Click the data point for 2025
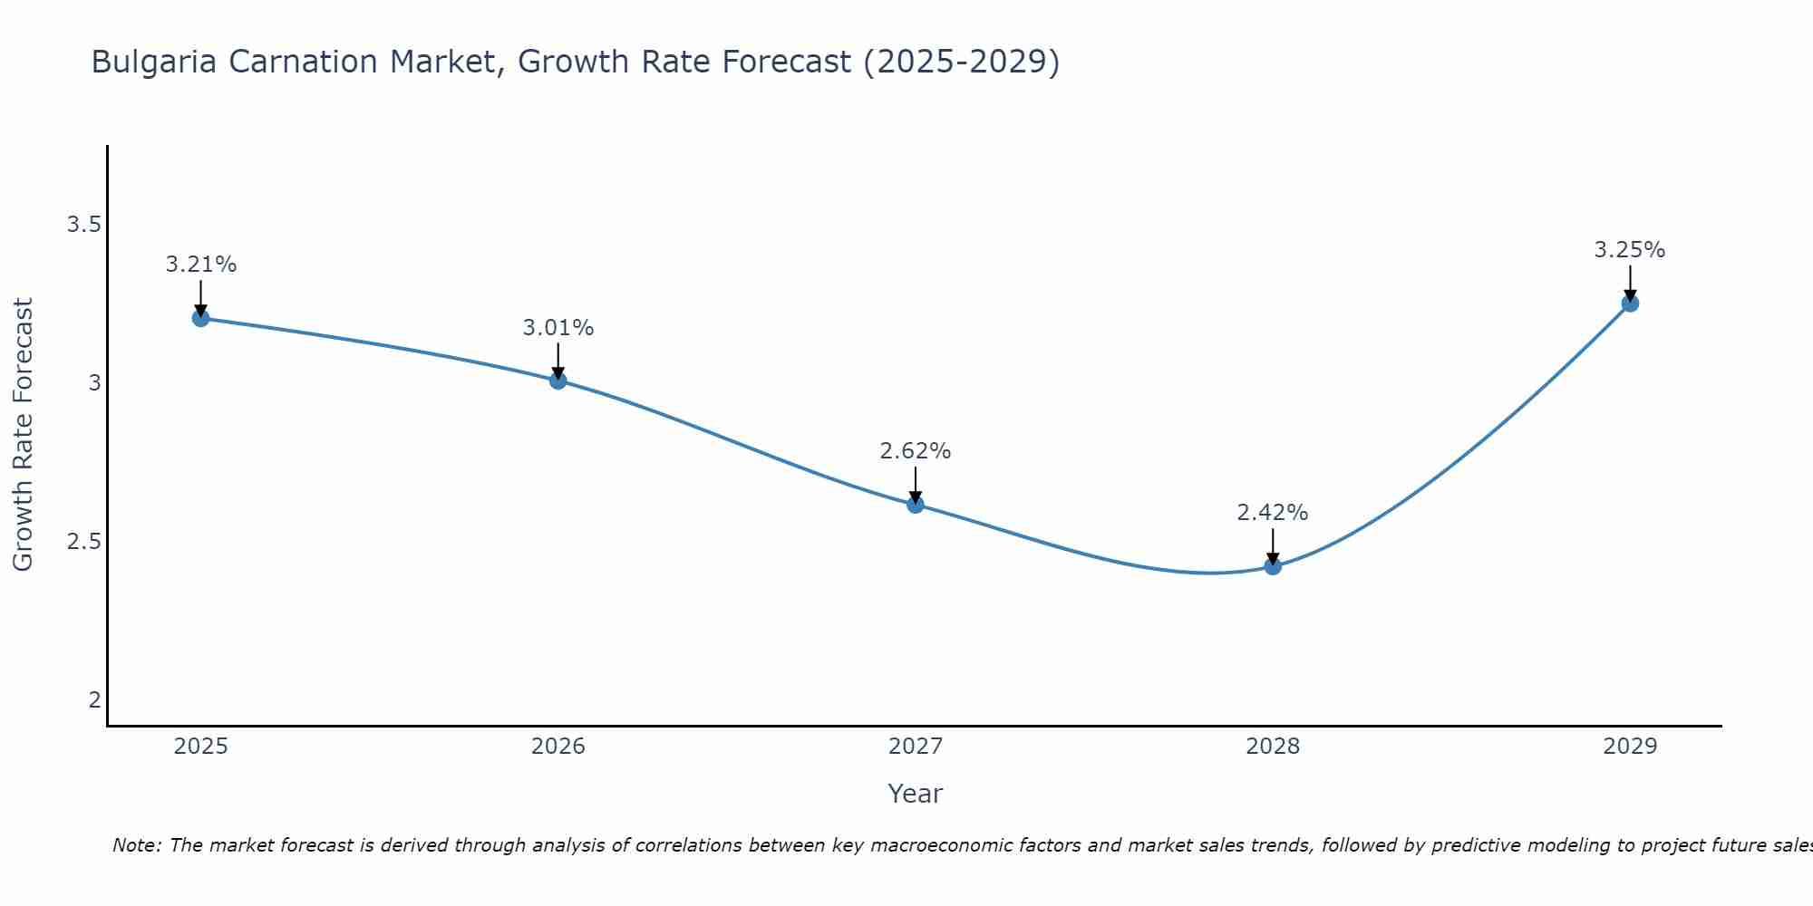(x=200, y=318)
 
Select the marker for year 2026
(x=557, y=381)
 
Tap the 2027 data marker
(x=915, y=505)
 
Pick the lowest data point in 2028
(x=1272, y=566)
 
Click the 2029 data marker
(x=1629, y=304)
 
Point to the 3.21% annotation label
(x=200, y=265)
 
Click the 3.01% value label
(x=557, y=328)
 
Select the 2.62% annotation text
(x=915, y=450)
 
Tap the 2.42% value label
(x=1272, y=513)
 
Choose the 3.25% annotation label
(x=1629, y=250)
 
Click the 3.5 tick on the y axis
(x=83, y=225)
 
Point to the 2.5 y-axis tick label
(x=83, y=542)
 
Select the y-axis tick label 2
(x=94, y=700)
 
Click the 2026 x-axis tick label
(x=557, y=747)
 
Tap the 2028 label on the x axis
(x=1272, y=747)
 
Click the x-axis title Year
(x=915, y=794)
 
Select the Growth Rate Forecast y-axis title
(x=23, y=435)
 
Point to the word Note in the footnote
(x=135, y=845)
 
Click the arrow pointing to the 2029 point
(x=1629, y=283)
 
